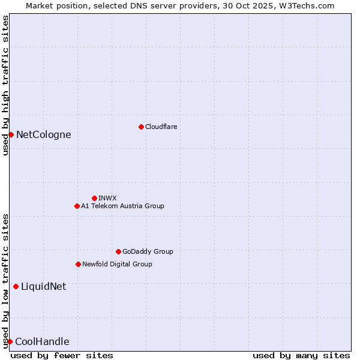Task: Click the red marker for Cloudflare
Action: pyautogui.click(x=141, y=127)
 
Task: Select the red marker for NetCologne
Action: pyautogui.click(x=11, y=134)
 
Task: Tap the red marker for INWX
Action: pyautogui.click(x=94, y=198)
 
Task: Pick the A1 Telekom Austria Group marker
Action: pyautogui.click(x=77, y=206)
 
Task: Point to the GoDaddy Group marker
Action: pyautogui.click(x=118, y=251)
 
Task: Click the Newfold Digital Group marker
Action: pyautogui.click(x=78, y=264)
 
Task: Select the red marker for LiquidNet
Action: pyautogui.click(x=16, y=286)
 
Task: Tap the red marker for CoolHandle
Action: pyautogui.click(x=10, y=341)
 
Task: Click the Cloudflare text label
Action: pyautogui.click(x=161, y=127)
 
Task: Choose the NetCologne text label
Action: pyautogui.click(x=44, y=134)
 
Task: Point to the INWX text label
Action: pyautogui.click(x=107, y=198)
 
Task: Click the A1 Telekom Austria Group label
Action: pyautogui.click(x=122, y=206)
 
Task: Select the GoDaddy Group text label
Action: pyautogui.click(x=148, y=251)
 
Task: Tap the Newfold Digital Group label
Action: pyautogui.click(x=117, y=264)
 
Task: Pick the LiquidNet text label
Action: pyautogui.click(x=44, y=286)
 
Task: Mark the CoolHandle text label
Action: pyautogui.click(x=42, y=341)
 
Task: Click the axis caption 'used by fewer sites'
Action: pyautogui.click(x=62, y=355)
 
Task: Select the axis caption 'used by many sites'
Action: pyautogui.click(x=301, y=355)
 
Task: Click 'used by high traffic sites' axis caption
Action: pyautogui.click(x=5, y=85)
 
